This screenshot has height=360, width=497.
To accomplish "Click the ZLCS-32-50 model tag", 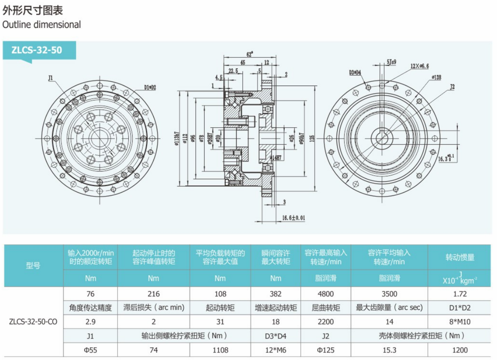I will [37, 50].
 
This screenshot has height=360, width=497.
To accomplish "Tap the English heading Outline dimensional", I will [42, 24].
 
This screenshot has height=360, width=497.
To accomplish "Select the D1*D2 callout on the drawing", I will [150, 87].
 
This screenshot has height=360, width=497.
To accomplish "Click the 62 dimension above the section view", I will [249, 54].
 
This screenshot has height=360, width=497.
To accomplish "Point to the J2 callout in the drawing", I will [452, 87].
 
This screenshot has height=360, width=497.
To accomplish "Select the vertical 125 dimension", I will [312, 138].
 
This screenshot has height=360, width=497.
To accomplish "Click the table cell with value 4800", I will [326, 294].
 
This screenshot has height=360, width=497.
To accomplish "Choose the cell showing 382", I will [275, 294].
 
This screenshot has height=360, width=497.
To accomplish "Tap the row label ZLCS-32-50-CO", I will [33, 322].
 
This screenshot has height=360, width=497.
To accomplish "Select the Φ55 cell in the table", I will [91, 350].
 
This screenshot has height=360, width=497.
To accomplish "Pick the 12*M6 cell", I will [275, 350].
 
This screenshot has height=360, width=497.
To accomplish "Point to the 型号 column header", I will [33, 266].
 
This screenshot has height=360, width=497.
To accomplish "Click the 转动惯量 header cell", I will [460, 258].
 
